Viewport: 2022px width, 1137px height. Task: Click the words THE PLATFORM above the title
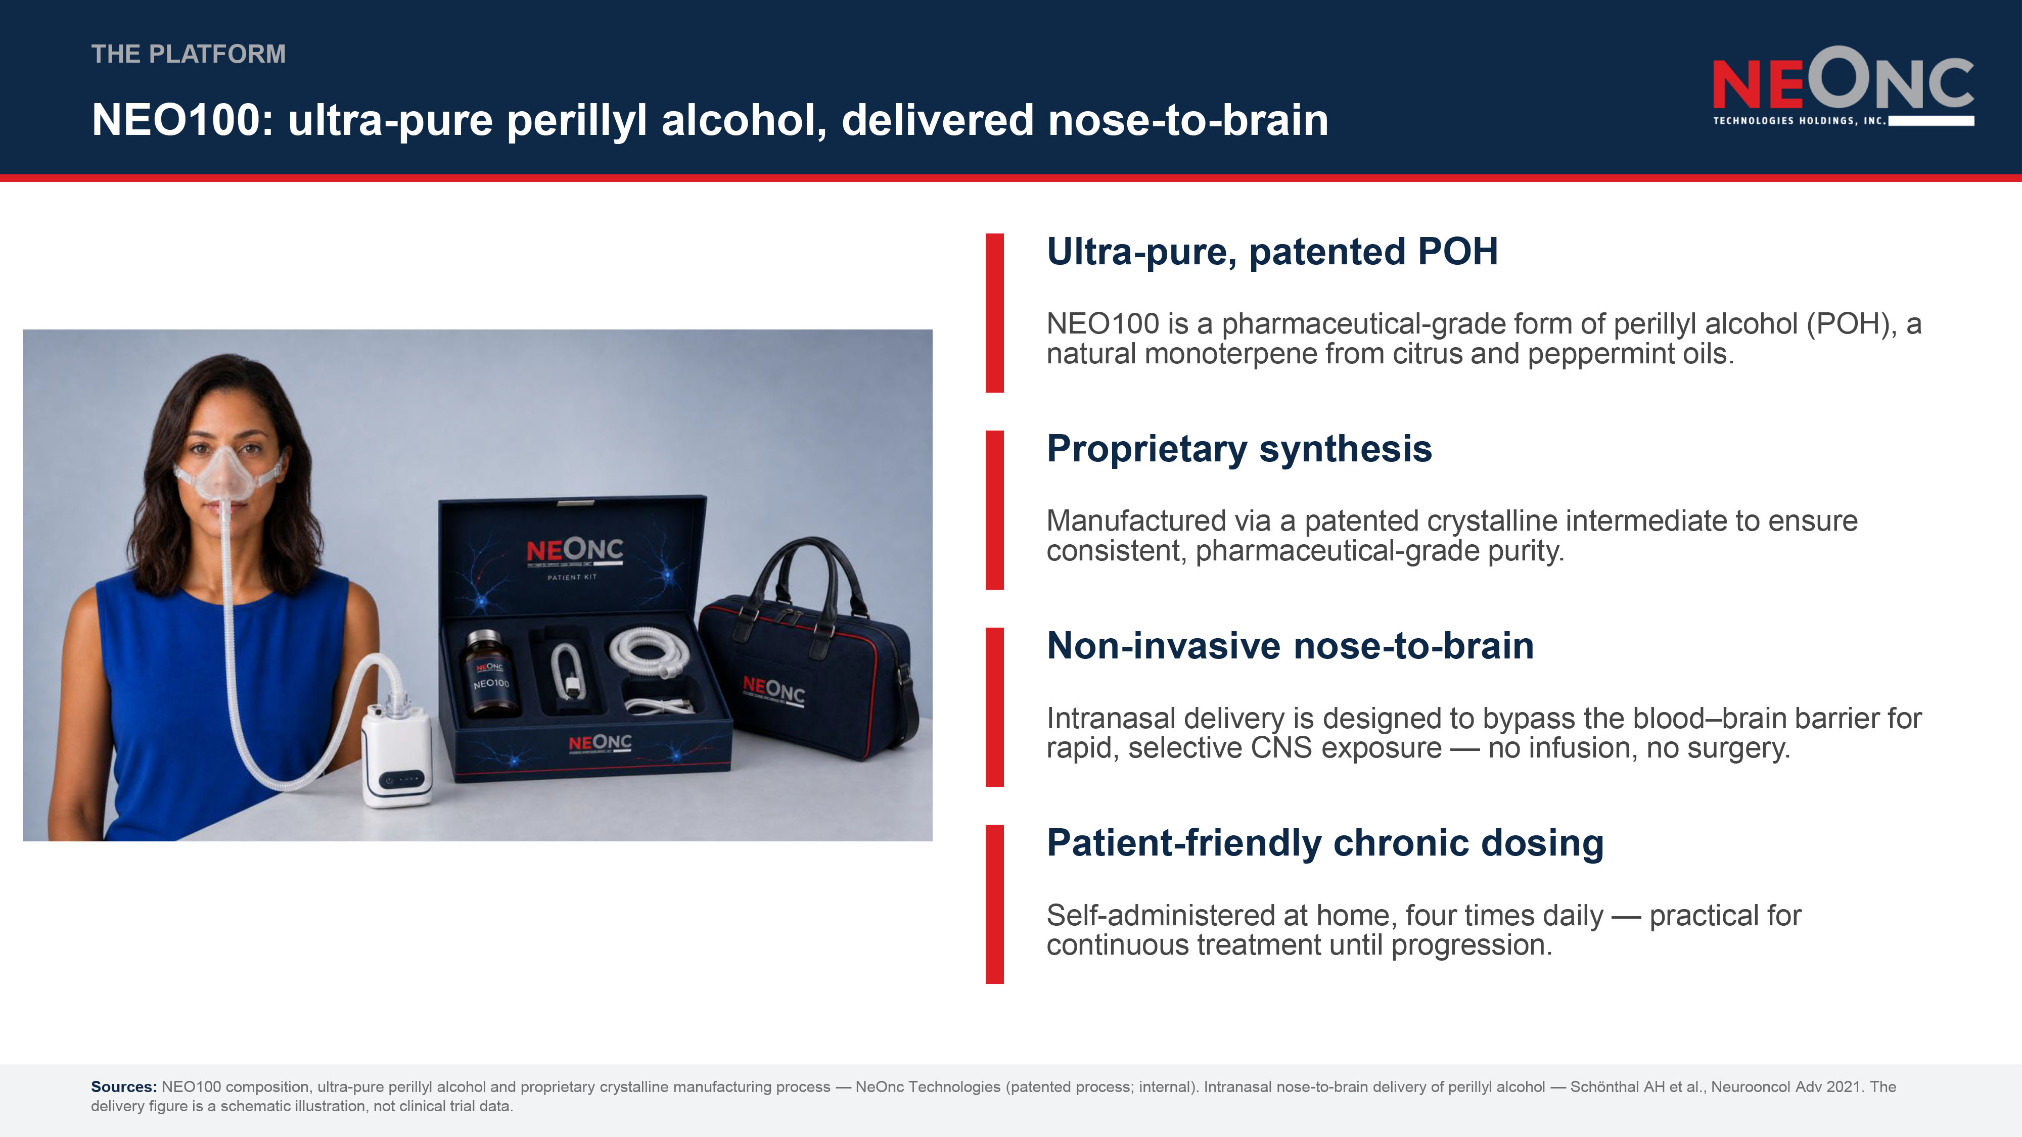click(189, 54)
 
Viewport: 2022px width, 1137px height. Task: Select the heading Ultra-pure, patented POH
click(1272, 252)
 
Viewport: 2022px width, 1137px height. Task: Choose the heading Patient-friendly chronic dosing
click(1325, 843)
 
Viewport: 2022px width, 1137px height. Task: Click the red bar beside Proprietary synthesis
click(994, 510)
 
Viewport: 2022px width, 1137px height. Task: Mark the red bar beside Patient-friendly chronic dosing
click(994, 904)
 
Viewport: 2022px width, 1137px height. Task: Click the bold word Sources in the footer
click(124, 1087)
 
